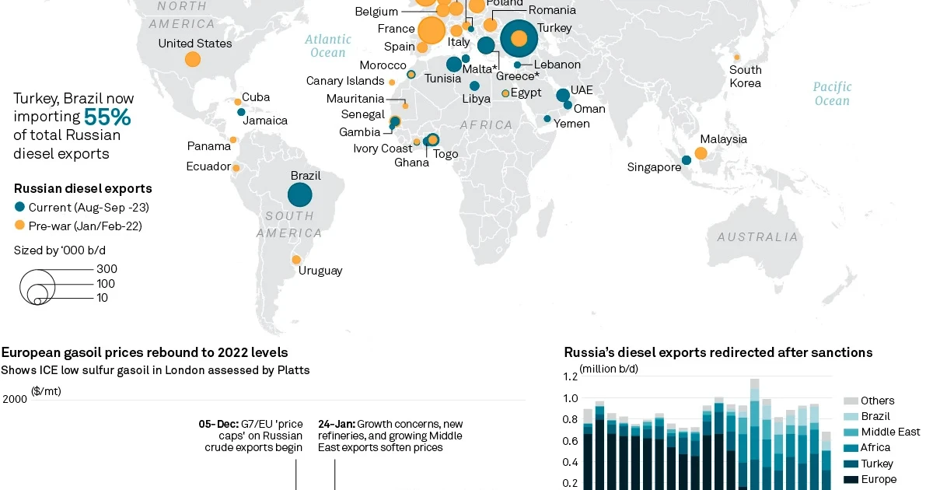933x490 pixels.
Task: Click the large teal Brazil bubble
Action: (300, 194)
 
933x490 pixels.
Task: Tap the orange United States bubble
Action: (193, 59)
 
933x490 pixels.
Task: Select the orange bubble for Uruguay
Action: (296, 260)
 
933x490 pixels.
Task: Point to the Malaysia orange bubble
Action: (701, 153)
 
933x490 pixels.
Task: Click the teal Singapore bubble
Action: (687, 160)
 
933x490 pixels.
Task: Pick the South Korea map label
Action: (745, 76)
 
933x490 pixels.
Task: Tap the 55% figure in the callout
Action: (107, 117)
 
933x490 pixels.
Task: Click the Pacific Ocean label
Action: (832, 94)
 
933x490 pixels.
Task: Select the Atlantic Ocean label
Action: (328, 46)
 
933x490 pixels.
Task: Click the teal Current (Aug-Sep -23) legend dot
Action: (19, 207)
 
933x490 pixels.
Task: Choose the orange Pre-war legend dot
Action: (19, 226)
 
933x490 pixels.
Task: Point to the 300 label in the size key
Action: (107, 269)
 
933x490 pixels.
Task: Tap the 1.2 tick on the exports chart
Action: (570, 376)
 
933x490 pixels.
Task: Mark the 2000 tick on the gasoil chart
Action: (15, 399)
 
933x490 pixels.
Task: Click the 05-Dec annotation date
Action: (218, 424)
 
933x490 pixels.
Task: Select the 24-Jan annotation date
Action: (337, 424)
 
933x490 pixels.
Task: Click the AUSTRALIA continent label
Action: (757, 237)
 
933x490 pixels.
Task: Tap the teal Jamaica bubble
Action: (241, 112)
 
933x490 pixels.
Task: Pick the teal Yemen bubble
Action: (547, 119)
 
